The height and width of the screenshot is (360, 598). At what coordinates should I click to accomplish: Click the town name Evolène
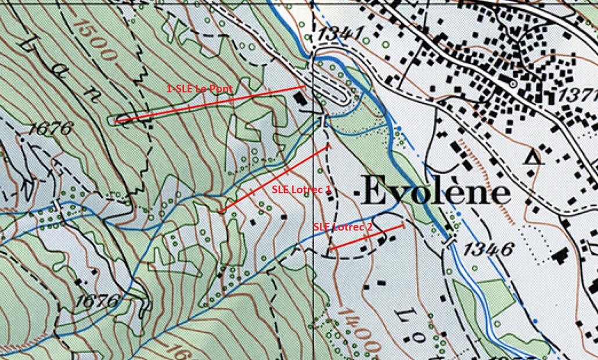point(436,191)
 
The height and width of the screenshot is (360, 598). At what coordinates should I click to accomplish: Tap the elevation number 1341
point(337,35)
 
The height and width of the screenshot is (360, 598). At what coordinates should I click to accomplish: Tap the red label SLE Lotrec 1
point(301,189)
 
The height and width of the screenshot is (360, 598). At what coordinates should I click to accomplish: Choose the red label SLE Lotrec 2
point(343,227)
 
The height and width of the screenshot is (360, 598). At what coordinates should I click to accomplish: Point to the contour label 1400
point(359,332)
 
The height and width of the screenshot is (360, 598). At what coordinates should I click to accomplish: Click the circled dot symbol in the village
point(513,84)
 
